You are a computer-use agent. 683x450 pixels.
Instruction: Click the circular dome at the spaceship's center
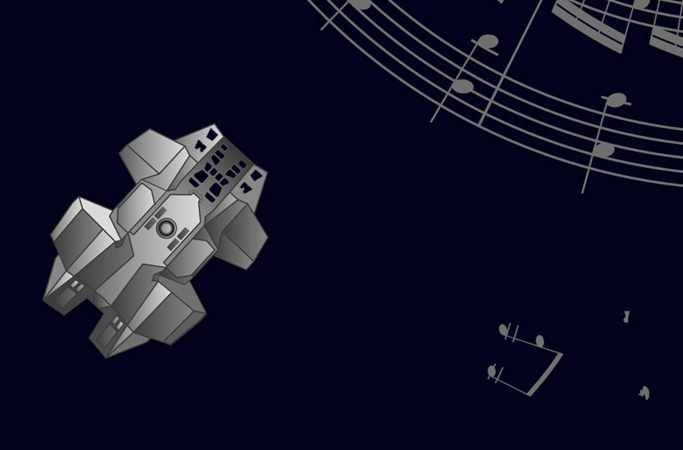[x=166, y=228]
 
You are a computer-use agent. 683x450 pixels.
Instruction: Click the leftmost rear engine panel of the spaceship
[x=65, y=296]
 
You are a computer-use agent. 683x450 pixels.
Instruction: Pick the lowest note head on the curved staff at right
[x=604, y=150]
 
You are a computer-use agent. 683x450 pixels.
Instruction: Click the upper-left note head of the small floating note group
[x=503, y=329]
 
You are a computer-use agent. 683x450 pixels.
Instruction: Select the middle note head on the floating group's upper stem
[x=540, y=341]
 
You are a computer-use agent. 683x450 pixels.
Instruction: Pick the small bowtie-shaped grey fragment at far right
[x=627, y=317]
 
